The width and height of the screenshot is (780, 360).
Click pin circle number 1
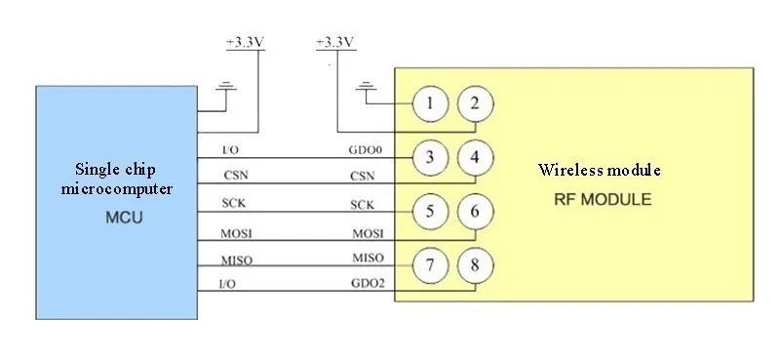(431, 103)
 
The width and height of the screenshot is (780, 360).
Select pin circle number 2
(475, 103)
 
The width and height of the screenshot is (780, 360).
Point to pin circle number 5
(431, 210)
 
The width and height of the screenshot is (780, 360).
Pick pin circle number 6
(475, 210)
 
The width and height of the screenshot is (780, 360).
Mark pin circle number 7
(431, 263)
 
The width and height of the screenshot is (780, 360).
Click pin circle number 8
(475, 263)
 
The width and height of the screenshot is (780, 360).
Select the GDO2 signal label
(368, 284)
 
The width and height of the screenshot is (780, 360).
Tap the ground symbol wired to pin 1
(368, 91)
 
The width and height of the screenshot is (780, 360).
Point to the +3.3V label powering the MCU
(244, 43)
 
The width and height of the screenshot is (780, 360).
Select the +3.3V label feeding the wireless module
(336, 43)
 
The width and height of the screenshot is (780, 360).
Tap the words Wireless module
(600, 170)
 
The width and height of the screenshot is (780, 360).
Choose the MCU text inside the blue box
(124, 217)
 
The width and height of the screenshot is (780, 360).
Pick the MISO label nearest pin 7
(368, 258)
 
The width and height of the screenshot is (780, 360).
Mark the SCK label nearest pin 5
(364, 205)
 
